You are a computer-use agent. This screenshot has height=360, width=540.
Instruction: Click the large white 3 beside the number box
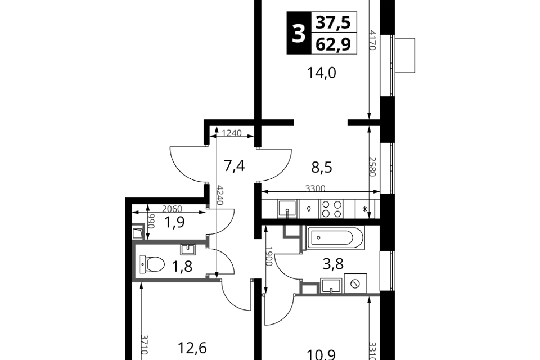coord(299,34)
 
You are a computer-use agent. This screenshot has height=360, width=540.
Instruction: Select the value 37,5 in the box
coord(334,22)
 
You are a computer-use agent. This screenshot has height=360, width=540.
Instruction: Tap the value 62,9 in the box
coord(334,44)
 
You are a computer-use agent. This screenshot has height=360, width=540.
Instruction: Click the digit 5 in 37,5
coord(346,22)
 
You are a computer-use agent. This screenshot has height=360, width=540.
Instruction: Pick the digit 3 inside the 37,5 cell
coord(321,22)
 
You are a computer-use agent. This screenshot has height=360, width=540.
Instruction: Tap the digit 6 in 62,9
coord(321,44)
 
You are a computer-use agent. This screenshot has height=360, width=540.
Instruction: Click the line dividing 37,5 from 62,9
coord(334,33)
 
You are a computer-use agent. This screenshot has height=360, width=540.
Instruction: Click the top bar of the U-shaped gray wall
coord(169,243)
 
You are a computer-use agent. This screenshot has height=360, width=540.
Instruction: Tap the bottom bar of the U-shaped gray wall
coord(174,278)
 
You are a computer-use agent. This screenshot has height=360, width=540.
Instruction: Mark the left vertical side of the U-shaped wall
coord(135,261)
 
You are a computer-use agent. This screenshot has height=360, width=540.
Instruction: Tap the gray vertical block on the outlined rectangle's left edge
coord(302,238)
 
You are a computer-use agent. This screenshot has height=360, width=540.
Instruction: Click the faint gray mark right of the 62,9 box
coord(373,42)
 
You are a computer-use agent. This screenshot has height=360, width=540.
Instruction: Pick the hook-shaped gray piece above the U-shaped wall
coord(139,225)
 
